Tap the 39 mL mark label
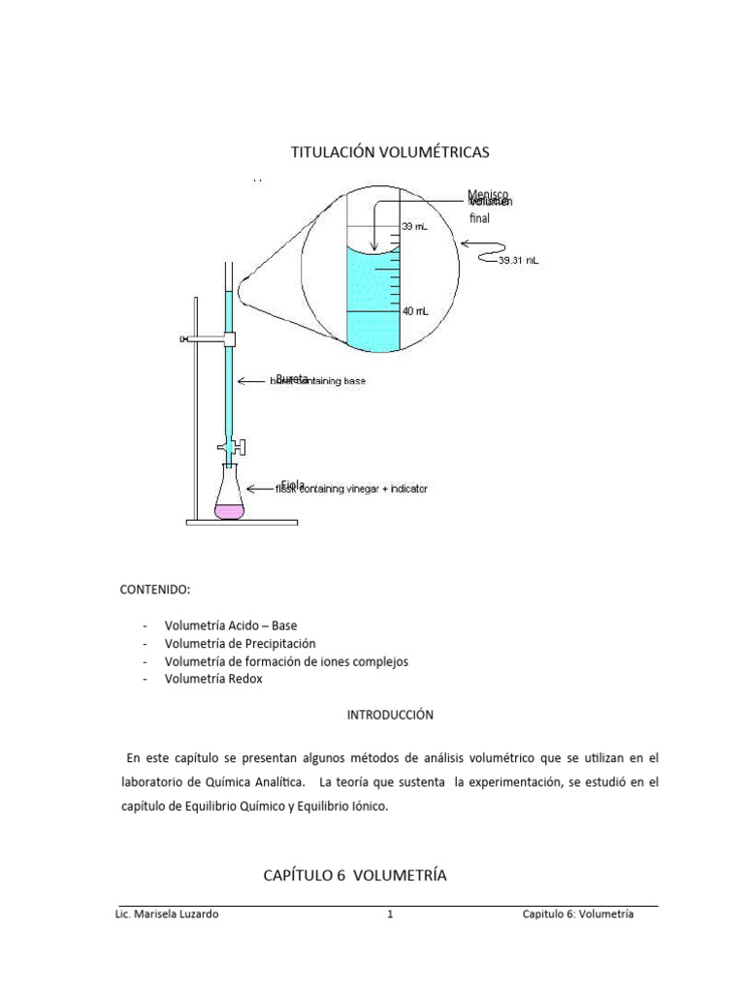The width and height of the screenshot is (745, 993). [414, 227]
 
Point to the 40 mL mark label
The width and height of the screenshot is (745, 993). [415, 311]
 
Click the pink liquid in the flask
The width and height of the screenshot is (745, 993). [230, 510]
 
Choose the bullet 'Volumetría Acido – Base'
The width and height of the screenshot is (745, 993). [231, 625]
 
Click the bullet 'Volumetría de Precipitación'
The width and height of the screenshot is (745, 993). [241, 643]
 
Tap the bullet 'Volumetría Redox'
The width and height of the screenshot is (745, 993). [213, 679]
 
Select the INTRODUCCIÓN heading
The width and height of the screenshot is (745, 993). [391, 716]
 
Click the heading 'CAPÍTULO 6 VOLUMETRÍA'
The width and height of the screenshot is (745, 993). [355, 875]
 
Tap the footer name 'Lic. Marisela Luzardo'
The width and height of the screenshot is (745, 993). [166, 913]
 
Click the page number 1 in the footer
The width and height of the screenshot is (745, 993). [389, 913]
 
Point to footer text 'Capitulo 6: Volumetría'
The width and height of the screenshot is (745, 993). [577, 913]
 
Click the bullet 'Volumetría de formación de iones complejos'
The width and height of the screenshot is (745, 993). [286, 661]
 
